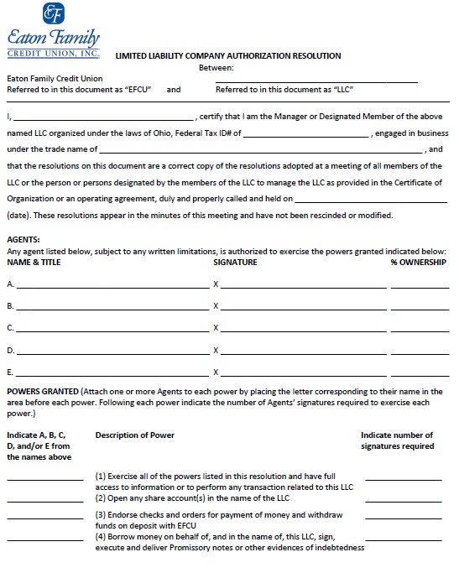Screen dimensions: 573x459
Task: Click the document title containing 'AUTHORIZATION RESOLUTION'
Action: (x=227, y=56)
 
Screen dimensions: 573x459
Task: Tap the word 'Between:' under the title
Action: (x=216, y=68)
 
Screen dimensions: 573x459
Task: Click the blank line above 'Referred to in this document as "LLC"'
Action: (x=316, y=81)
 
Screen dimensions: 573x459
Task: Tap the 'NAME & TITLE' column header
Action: (x=34, y=262)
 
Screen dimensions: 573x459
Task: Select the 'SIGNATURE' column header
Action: (x=235, y=262)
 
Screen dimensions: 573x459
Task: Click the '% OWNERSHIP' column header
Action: (x=418, y=262)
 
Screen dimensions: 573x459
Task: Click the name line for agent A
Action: (x=111, y=287)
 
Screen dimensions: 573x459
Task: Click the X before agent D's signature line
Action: (x=216, y=350)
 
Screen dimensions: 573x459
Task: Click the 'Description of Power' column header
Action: (x=134, y=435)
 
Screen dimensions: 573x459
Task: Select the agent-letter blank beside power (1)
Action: (x=45, y=478)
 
